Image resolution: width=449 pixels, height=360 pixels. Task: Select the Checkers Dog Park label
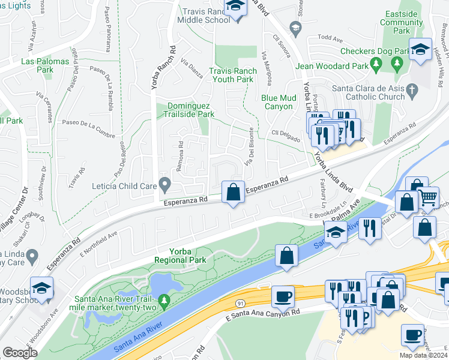[375, 52]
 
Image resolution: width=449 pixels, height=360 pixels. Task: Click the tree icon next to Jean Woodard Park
[376, 62]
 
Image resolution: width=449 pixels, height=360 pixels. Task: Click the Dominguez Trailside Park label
[190, 109]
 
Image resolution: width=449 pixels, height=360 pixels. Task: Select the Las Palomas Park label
[45, 65]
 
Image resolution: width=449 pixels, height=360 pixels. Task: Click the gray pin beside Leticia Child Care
[163, 183]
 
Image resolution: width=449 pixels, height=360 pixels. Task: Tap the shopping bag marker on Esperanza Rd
[233, 193]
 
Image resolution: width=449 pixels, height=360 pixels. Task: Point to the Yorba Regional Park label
[180, 256]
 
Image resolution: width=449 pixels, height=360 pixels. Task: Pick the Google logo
[20, 352]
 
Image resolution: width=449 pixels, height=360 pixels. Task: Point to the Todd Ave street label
[329, 37]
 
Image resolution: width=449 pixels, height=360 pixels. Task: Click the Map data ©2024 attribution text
[423, 355]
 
